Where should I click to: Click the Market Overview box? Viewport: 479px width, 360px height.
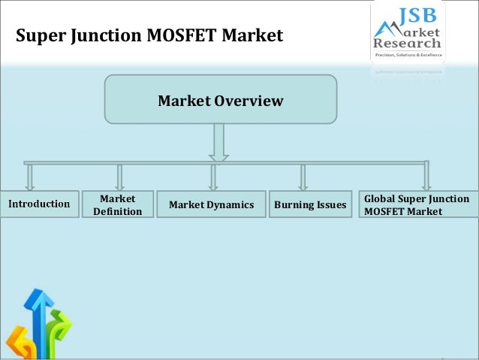coord(220,99)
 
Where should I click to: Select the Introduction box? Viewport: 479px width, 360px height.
coord(40,203)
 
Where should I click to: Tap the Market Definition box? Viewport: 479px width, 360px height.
coord(117,204)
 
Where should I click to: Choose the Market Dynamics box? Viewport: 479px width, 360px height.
coord(212,204)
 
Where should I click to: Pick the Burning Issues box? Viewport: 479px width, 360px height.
coord(310,204)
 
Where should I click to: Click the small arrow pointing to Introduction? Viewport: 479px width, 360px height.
coord(30,177)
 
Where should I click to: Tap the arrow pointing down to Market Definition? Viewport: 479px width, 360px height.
coord(119,177)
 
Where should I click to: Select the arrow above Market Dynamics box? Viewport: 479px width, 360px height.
coord(213,177)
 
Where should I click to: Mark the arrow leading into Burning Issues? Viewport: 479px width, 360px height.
coord(303,177)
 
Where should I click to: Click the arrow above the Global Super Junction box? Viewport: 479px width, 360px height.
coord(426,177)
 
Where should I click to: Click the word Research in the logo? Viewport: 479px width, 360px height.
coord(408,44)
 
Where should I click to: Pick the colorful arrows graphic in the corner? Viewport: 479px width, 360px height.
coord(38,327)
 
